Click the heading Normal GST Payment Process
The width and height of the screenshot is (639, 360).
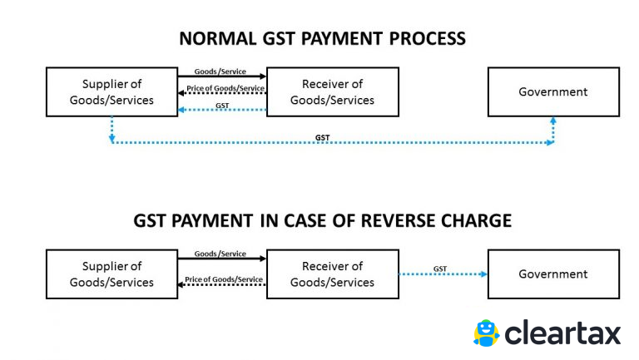[x=323, y=38]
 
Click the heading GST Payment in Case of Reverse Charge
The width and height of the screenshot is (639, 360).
[x=323, y=221]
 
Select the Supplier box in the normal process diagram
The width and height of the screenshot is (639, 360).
[x=111, y=92]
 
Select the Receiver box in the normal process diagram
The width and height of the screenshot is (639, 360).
[x=332, y=92]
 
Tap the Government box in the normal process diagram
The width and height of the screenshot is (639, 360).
[x=552, y=92]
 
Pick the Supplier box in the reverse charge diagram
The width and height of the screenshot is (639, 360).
[x=111, y=274]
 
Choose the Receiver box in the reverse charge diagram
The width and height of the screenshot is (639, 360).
[x=332, y=274]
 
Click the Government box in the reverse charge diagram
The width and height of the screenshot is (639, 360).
[x=552, y=274]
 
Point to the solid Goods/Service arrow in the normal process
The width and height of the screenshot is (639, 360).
[x=221, y=77]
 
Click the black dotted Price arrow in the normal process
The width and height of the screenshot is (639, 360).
[x=221, y=93]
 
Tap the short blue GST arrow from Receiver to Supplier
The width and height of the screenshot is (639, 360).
[x=221, y=109]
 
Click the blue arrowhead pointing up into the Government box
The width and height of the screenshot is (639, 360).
[x=552, y=121]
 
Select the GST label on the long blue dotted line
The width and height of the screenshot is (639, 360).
[x=322, y=136]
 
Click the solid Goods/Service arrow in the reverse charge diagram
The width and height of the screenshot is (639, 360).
[x=221, y=259]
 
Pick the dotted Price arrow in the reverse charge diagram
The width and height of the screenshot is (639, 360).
[x=221, y=284]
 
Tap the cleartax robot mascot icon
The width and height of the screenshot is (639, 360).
[x=486, y=333]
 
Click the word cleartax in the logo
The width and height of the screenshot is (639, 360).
[x=562, y=333]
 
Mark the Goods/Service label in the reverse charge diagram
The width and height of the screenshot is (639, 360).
[x=220, y=254]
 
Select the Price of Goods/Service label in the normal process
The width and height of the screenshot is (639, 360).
[x=225, y=88]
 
